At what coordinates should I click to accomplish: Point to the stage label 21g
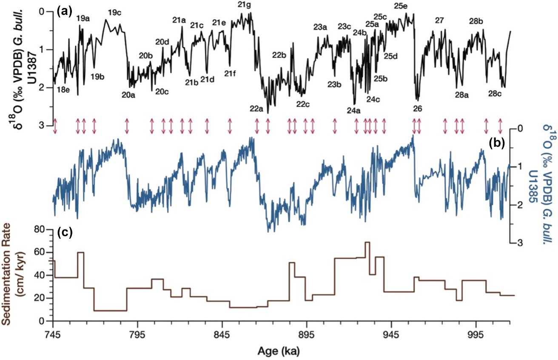tap(244, 5)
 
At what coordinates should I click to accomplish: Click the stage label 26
tap(417, 109)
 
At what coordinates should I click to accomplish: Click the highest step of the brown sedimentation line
tap(367, 242)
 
